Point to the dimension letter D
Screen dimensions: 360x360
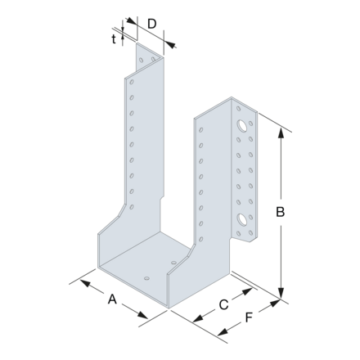(x=152, y=24)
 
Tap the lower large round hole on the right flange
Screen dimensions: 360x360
(x=243, y=220)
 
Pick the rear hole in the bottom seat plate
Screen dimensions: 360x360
(x=173, y=262)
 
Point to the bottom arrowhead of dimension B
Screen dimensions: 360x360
(x=281, y=298)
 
